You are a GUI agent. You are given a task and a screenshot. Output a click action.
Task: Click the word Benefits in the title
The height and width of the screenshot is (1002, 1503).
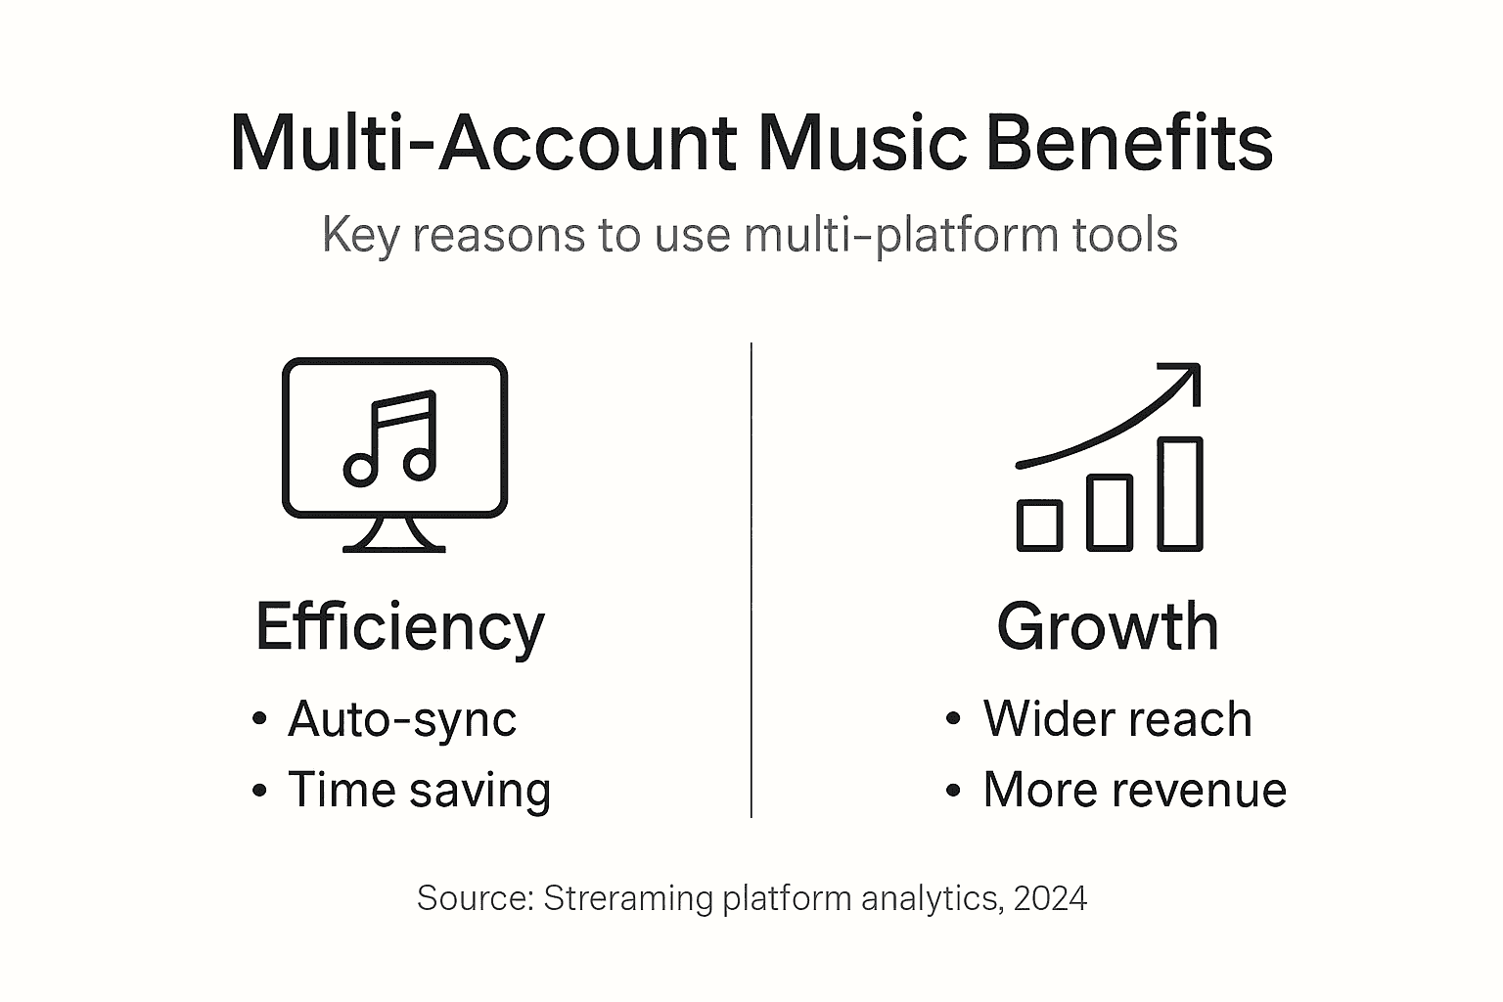pyautogui.click(x=1129, y=143)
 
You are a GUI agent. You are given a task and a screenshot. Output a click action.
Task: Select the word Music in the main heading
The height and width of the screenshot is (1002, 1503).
pyautogui.click(x=861, y=143)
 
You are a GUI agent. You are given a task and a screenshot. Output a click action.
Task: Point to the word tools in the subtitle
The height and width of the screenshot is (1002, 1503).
pyautogui.click(x=1123, y=236)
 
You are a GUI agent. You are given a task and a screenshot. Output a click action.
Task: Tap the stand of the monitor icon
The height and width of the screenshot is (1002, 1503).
pyautogui.click(x=393, y=534)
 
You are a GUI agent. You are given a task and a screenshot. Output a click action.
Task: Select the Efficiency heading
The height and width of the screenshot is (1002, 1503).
pyautogui.click(x=399, y=627)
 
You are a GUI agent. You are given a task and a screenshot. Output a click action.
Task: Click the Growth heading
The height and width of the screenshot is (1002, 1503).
pyautogui.click(x=1108, y=627)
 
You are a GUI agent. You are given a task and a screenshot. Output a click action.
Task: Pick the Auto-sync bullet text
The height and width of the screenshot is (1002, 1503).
pyautogui.click(x=401, y=720)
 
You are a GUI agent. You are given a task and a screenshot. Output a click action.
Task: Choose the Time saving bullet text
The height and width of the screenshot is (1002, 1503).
pyautogui.click(x=419, y=790)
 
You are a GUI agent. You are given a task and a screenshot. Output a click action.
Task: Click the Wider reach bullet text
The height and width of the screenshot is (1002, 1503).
pyautogui.click(x=1117, y=719)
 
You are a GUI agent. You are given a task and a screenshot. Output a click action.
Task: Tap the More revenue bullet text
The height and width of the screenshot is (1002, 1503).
pyautogui.click(x=1134, y=790)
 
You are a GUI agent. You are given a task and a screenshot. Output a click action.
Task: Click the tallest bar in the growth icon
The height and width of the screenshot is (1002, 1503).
pyautogui.click(x=1180, y=493)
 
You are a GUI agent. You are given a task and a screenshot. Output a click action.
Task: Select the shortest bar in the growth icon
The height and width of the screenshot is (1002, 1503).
pyautogui.click(x=1039, y=525)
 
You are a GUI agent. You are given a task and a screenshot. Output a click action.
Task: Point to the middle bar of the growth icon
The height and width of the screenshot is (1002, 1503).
pyautogui.click(x=1110, y=512)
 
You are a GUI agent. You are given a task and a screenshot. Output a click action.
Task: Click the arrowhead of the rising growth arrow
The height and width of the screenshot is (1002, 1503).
pyautogui.click(x=1187, y=377)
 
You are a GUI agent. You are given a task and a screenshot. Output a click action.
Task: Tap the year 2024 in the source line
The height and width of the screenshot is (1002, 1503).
pyautogui.click(x=1050, y=898)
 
